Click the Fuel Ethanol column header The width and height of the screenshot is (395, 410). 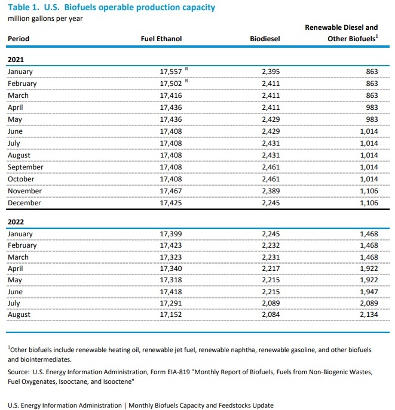tap(161, 39)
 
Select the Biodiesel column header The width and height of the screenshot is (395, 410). tap(265, 39)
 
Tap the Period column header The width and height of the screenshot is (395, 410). tap(18, 39)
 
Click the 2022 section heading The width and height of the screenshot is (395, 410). tap(16, 221)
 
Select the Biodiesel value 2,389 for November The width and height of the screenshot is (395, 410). tap(270, 191)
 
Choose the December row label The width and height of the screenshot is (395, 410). tap(24, 203)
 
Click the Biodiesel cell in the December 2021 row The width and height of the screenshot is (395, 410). tap(270, 203)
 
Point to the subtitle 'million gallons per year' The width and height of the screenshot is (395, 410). tap(45, 18)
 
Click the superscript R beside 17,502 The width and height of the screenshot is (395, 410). tap(186, 81)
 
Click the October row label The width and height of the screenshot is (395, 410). tap(22, 179)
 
